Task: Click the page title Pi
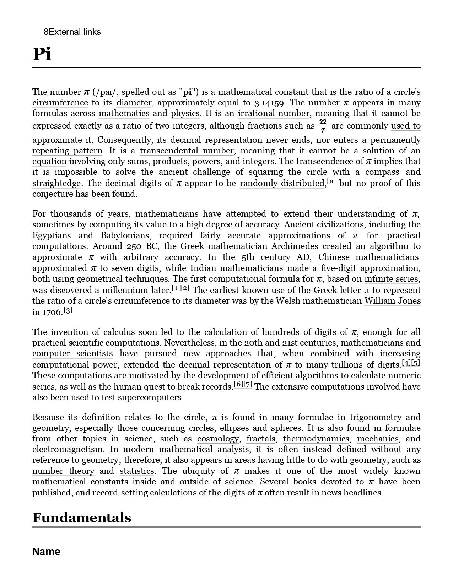42,54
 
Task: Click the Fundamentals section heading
82,517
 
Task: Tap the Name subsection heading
46,552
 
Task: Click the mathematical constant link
263,92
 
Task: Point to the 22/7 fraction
323,126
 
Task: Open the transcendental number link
187,151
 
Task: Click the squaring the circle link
288,172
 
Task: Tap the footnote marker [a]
331,182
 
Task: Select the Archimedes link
295,246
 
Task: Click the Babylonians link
125,235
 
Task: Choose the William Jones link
392,301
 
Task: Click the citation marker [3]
68,310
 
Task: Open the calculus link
119,332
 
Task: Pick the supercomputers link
150,397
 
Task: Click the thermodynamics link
316,439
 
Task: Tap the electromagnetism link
68,449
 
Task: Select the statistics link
137,471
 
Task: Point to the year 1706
52,312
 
